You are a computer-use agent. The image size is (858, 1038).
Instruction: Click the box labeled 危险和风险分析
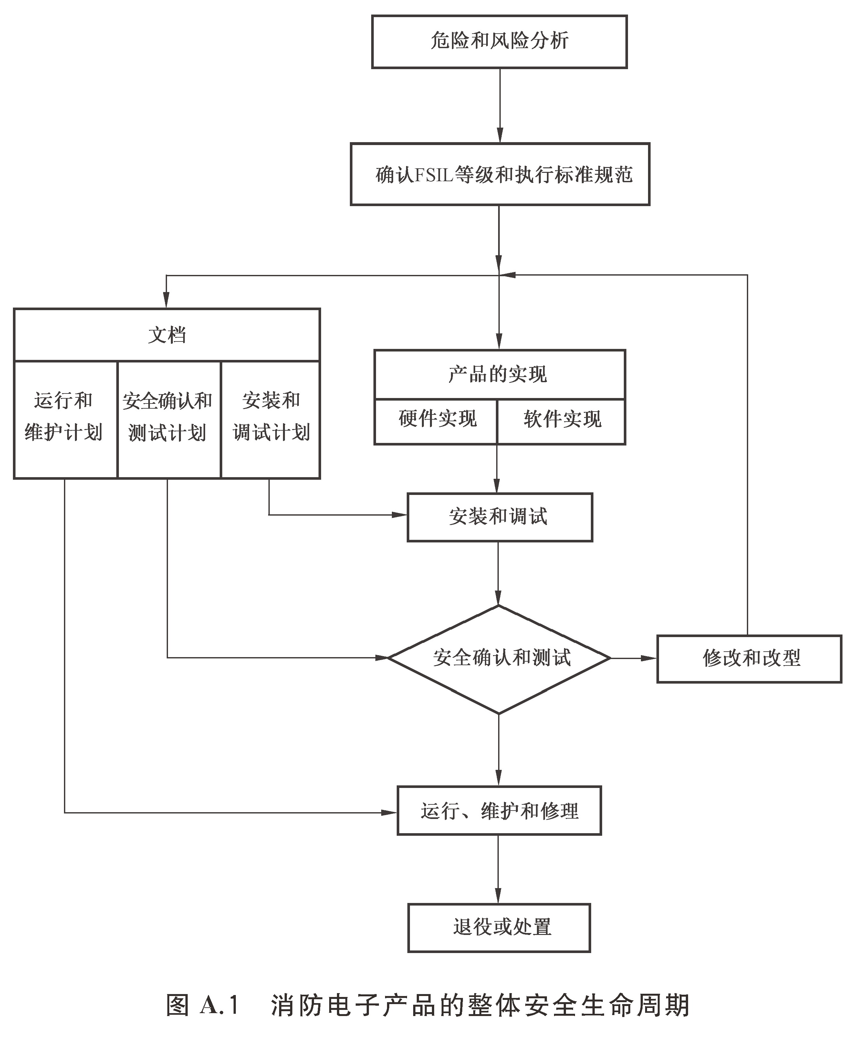499,42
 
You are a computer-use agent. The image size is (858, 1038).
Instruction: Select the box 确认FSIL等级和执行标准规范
500,174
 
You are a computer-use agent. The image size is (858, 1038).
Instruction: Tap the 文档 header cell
167,335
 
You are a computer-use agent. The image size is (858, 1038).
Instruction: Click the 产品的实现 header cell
499,374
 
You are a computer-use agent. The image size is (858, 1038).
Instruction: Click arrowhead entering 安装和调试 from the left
399,515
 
